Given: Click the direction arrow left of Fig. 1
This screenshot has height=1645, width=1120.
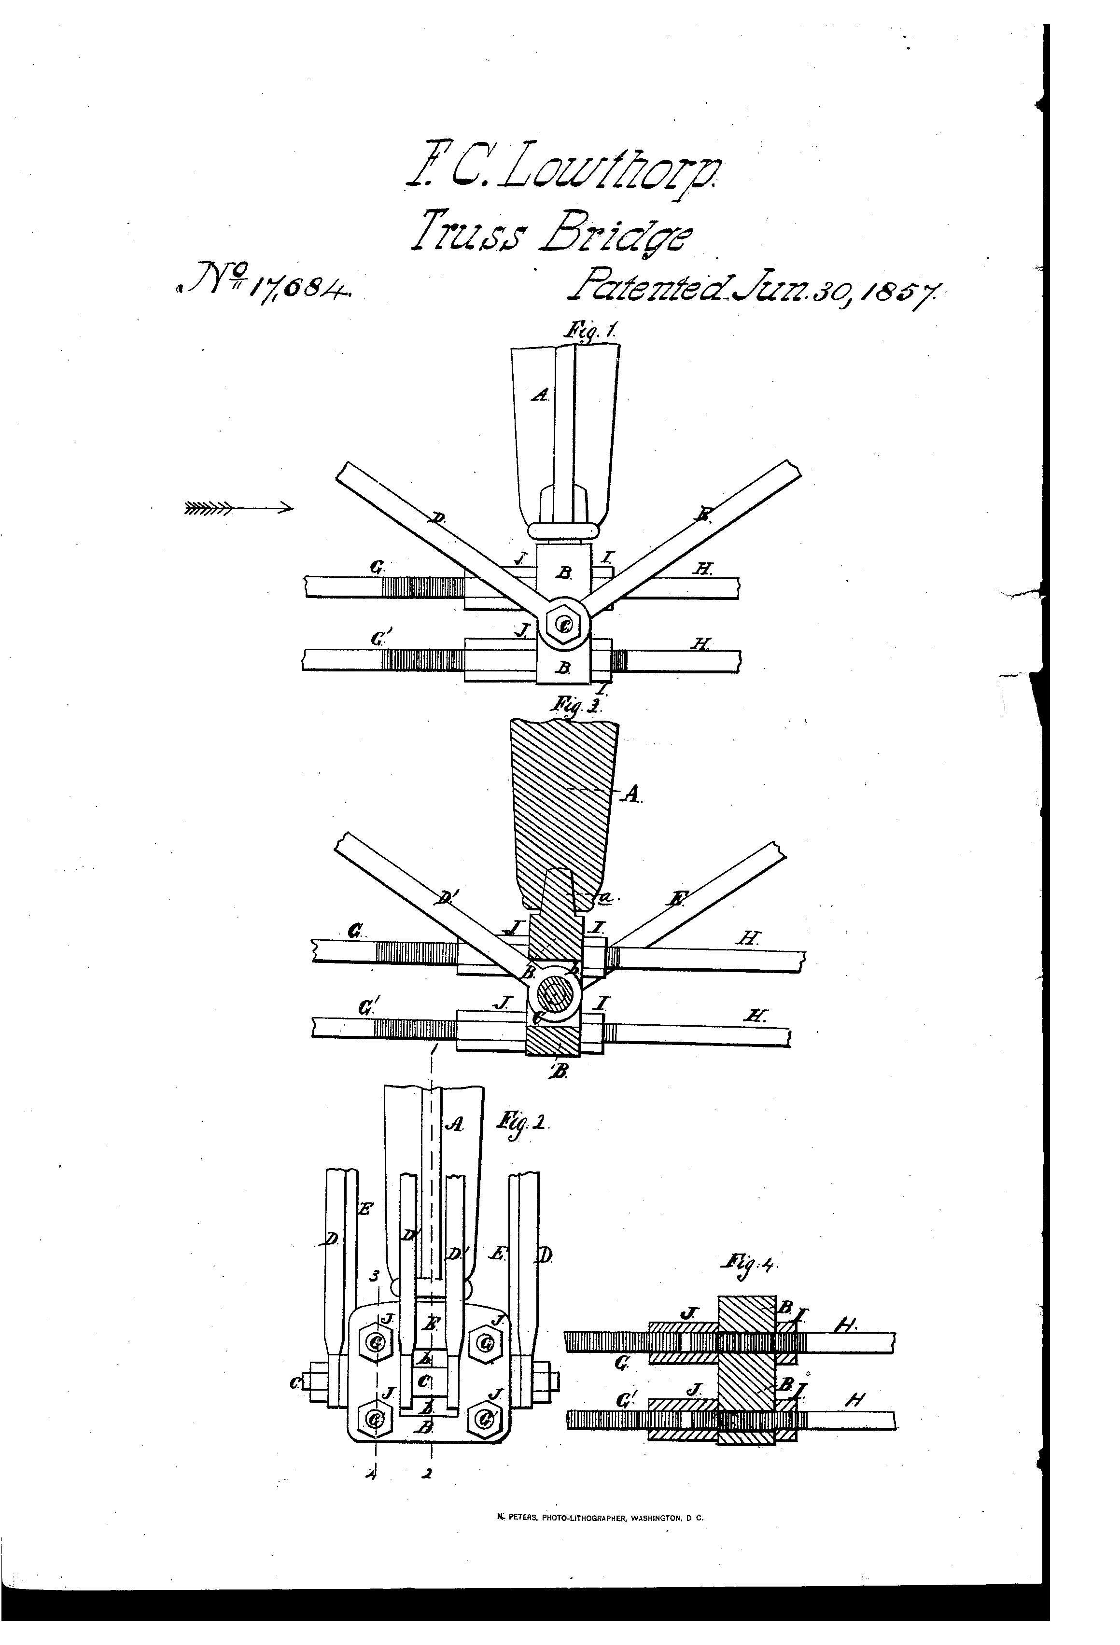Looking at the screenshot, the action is coord(237,507).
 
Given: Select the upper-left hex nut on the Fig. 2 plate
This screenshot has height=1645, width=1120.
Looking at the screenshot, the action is coord(376,1340).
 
